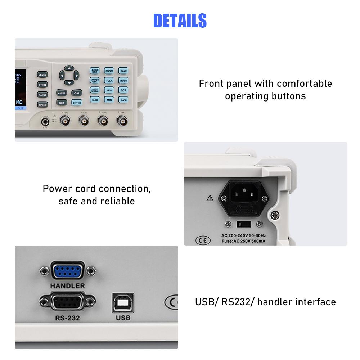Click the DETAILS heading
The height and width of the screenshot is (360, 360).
pos(180,21)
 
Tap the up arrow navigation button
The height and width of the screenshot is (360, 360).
pos(69,68)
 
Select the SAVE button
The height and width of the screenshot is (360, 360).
pos(123,71)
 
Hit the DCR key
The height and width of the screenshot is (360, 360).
pos(123,90)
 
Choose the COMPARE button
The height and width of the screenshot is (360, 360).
pos(109,71)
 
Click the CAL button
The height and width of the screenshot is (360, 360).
pos(77,93)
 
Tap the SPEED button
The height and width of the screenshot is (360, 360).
pos(42,105)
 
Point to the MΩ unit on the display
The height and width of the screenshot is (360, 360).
pos(19,102)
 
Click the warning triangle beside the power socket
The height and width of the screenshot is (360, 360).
pos(210,198)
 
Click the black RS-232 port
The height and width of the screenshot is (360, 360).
pos(68,302)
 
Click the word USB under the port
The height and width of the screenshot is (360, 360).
pos(123,318)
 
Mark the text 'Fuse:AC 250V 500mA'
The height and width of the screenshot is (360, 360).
pos(243,241)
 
